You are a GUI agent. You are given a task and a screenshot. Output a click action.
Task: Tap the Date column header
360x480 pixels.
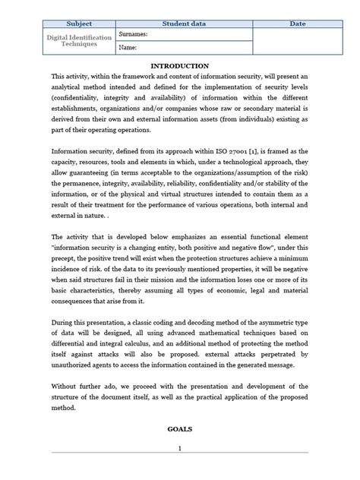click(x=298, y=24)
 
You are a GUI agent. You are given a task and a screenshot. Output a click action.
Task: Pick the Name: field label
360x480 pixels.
click(x=127, y=49)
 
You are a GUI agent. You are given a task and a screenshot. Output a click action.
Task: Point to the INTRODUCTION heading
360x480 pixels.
click(x=180, y=66)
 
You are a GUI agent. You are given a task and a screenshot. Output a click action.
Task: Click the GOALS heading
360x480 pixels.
click(x=180, y=429)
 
